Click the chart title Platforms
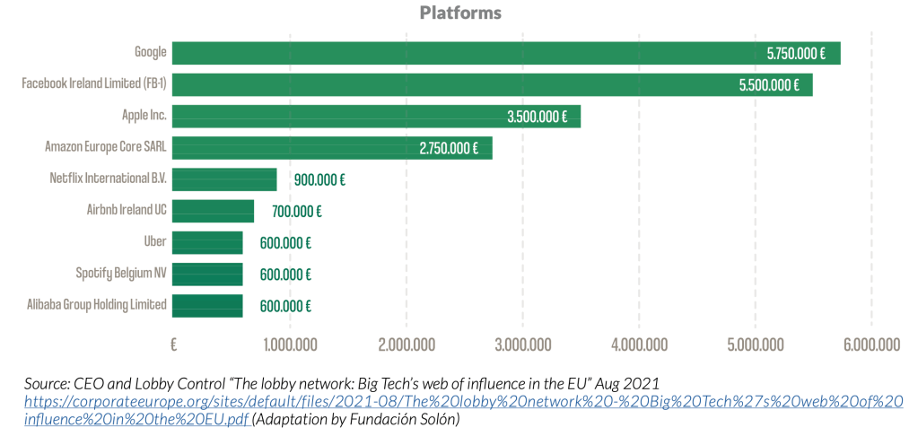coord(460,13)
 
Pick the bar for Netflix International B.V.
coord(224,179)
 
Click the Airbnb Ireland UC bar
coord(213,211)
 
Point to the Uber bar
coord(207,242)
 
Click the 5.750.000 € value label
coord(796,54)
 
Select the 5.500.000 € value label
coord(769,85)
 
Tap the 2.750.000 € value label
coord(449,148)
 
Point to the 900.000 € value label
coord(319,179)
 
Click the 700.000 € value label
coord(296,212)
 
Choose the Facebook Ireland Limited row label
coord(94,84)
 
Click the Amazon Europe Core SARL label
coord(106,147)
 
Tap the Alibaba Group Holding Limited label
coord(97,304)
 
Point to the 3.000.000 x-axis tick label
coord(522,344)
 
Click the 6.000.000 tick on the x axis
coord(870,344)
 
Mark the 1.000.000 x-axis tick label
coord(289,344)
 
